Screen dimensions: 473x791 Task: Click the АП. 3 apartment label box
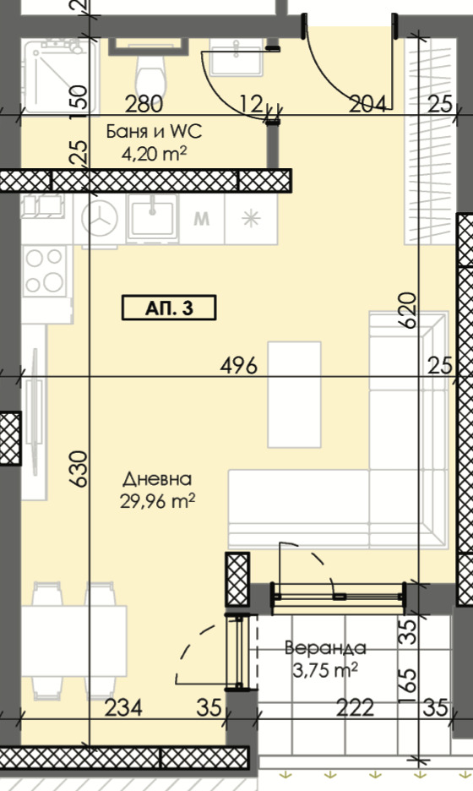coord(169,308)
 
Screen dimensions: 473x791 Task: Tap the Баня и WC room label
coord(154,132)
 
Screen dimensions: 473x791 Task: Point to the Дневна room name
coord(157,478)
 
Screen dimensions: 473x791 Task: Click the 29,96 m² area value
coord(157,501)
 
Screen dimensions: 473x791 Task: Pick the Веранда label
coord(325,647)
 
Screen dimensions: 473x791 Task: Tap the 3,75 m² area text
coord(325,670)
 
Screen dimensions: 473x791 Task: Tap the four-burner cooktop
coord(46,271)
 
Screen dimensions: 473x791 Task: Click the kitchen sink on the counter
coord(152,217)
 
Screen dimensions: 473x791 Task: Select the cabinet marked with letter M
coord(202,219)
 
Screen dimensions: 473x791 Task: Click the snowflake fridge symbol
coord(251,219)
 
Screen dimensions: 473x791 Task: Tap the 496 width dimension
coord(239,365)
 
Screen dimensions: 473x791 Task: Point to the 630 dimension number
coord(79,469)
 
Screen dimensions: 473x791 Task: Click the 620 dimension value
coord(410,310)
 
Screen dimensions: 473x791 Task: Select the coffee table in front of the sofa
coord(295,395)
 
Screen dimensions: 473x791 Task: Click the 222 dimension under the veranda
coord(355,708)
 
